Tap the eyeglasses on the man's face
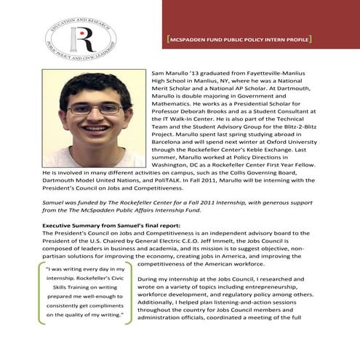pos(95,108)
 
